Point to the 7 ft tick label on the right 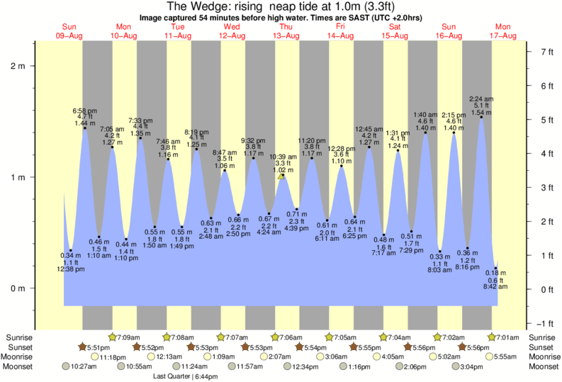(546, 52)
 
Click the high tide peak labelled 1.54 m (481, 117)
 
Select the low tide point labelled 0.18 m (495, 269)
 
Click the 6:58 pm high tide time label (84, 112)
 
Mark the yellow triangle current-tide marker (282, 176)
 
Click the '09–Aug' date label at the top (69, 35)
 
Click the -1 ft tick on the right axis (546, 323)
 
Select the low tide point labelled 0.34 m (70, 249)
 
